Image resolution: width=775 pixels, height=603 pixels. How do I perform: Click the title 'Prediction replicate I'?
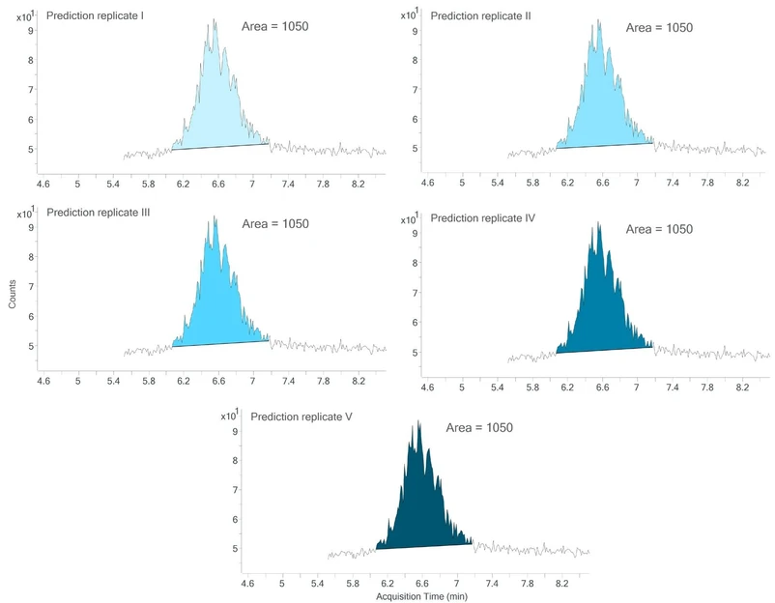(95, 16)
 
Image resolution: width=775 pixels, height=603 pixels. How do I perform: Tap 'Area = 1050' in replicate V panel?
(478, 427)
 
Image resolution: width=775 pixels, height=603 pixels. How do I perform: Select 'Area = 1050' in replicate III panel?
(275, 224)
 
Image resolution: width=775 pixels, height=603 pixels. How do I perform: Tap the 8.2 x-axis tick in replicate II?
(743, 182)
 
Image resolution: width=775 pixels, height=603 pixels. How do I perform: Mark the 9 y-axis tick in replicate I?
(31, 31)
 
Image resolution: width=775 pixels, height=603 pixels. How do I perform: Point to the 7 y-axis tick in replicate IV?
(415, 293)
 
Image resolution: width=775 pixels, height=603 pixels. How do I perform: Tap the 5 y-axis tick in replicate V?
(234, 548)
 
